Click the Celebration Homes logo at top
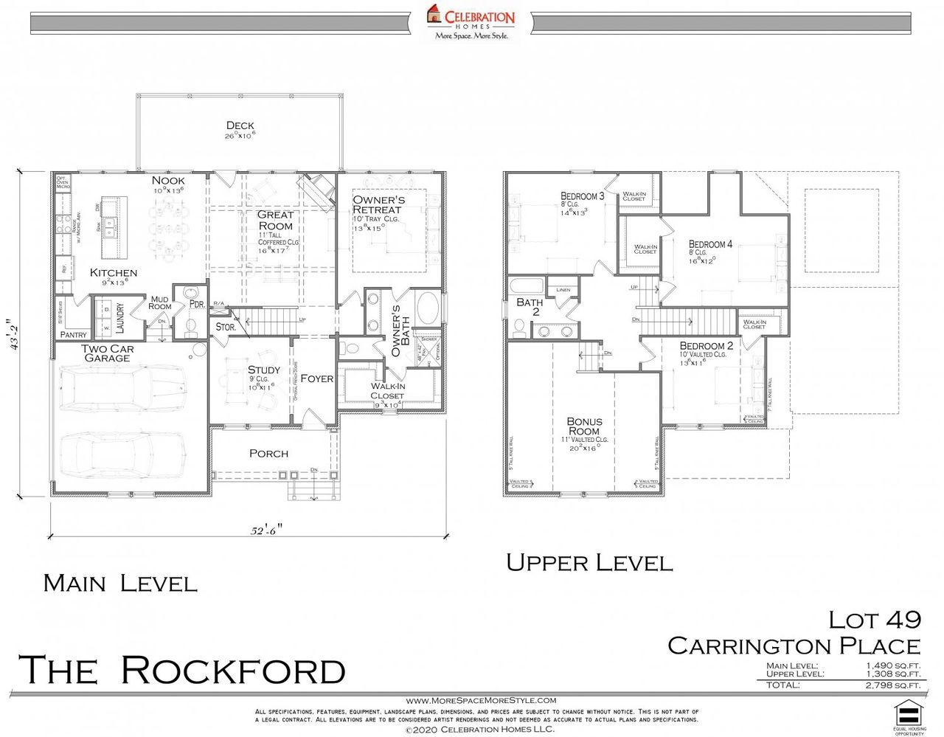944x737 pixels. (x=471, y=22)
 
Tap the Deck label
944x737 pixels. (x=240, y=126)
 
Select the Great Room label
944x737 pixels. (x=275, y=220)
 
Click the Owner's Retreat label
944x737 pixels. (x=378, y=204)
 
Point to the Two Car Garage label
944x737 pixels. (x=108, y=353)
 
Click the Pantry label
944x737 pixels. (x=74, y=335)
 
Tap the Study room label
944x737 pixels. (x=263, y=370)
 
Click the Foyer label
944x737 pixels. (x=316, y=378)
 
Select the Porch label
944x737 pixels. (x=268, y=454)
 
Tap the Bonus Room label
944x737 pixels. (x=584, y=426)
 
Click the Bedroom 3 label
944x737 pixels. (x=583, y=196)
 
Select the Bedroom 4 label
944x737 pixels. (x=710, y=244)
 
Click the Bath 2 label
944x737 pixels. (x=530, y=307)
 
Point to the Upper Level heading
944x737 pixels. (x=589, y=564)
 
